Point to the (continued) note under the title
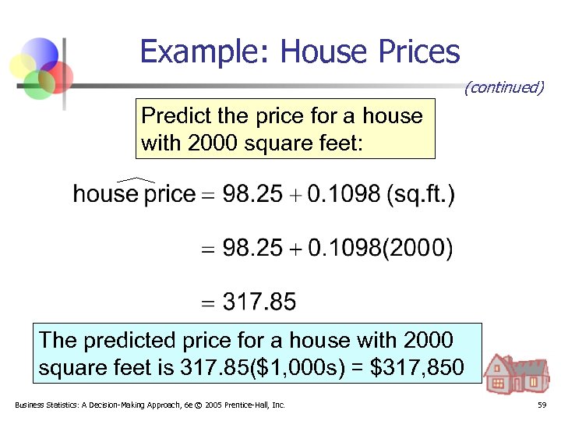(503, 87)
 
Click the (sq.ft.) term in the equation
(422, 194)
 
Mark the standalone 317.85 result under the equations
(260, 302)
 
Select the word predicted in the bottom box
(125, 340)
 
